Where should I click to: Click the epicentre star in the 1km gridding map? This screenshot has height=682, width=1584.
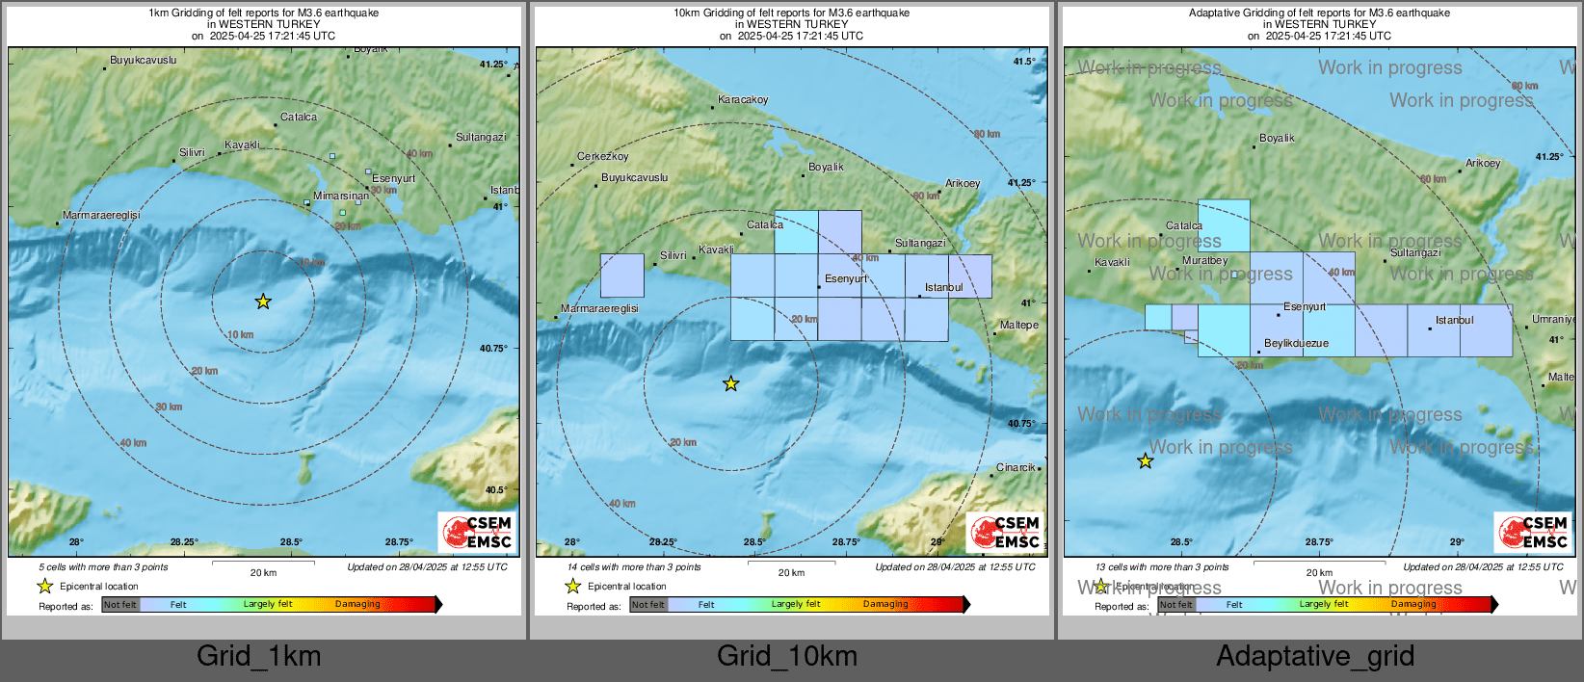263,302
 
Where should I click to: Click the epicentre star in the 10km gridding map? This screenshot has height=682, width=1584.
731,383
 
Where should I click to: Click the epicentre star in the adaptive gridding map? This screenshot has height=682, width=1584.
1145,461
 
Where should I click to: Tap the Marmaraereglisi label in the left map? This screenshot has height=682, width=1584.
101,215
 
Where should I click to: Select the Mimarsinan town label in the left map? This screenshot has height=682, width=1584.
340,196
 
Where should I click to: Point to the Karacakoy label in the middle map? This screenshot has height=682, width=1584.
743,99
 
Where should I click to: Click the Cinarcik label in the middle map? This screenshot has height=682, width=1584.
1015,467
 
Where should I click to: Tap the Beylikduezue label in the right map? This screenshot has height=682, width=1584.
1296,343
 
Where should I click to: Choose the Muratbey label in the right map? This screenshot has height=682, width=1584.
1204,260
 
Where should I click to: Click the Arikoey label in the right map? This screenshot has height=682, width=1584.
1483,163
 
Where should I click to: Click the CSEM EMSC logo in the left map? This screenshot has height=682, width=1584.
478,532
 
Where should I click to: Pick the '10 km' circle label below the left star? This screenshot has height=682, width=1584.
241,334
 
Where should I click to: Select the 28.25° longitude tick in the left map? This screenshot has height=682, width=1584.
184,541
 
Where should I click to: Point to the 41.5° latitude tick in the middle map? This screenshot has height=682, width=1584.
1024,61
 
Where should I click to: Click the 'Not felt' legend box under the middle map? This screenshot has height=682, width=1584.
648,605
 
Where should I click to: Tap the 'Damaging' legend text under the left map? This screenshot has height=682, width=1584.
357,604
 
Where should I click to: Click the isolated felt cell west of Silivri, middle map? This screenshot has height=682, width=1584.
621,275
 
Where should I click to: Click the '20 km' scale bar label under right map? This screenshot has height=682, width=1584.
1319,572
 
